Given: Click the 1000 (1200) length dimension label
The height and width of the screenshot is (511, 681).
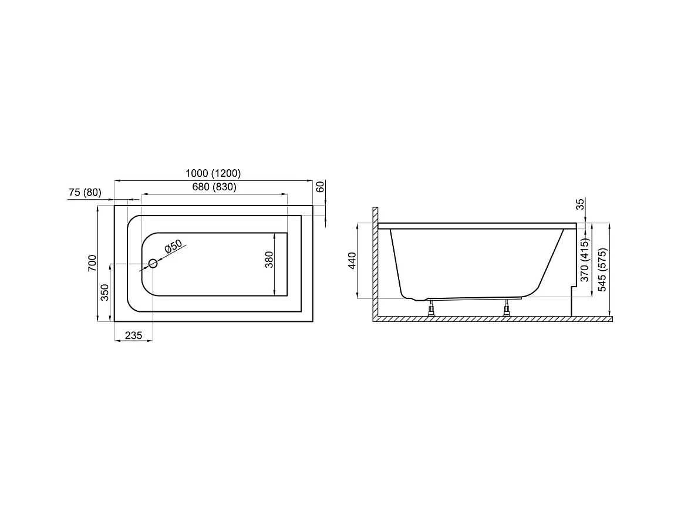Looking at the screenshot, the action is [x=213, y=173].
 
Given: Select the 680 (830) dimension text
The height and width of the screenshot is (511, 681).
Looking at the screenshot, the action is [x=214, y=187].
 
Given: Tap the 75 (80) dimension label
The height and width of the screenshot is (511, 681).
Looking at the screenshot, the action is [x=85, y=193].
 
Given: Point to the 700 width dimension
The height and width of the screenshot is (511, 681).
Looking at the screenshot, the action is [x=93, y=263].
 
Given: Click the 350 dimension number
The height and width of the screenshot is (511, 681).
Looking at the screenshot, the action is [x=104, y=293].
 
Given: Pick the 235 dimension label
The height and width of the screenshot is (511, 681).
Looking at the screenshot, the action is [x=133, y=335].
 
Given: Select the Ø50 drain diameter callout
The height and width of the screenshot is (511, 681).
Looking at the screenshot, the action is [x=173, y=247].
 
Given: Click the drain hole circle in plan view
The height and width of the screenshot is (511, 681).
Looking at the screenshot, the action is [x=153, y=263].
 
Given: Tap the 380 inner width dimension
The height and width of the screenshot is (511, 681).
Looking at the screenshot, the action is [x=269, y=260].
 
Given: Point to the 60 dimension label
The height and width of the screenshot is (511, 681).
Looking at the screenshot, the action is [x=320, y=187].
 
